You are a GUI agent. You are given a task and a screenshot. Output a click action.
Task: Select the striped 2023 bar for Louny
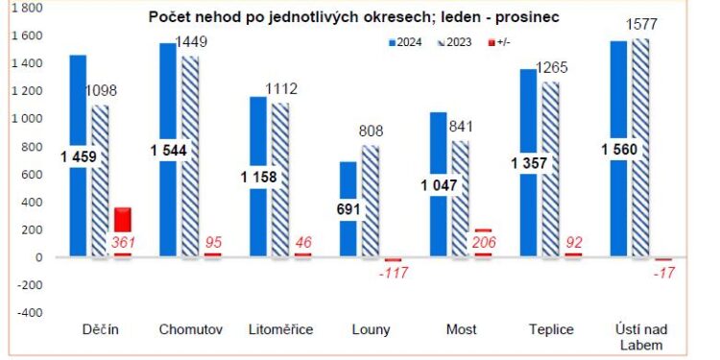click(x=371, y=202)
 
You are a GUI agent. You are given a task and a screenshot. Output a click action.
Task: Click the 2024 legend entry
click(x=407, y=43)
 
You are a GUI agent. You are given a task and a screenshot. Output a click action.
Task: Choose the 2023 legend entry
click(x=455, y=43)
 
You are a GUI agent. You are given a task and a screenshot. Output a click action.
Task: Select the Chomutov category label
click(x=190, y=330)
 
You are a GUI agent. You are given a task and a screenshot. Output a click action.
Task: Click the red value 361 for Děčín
click(x=123, y=244)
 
